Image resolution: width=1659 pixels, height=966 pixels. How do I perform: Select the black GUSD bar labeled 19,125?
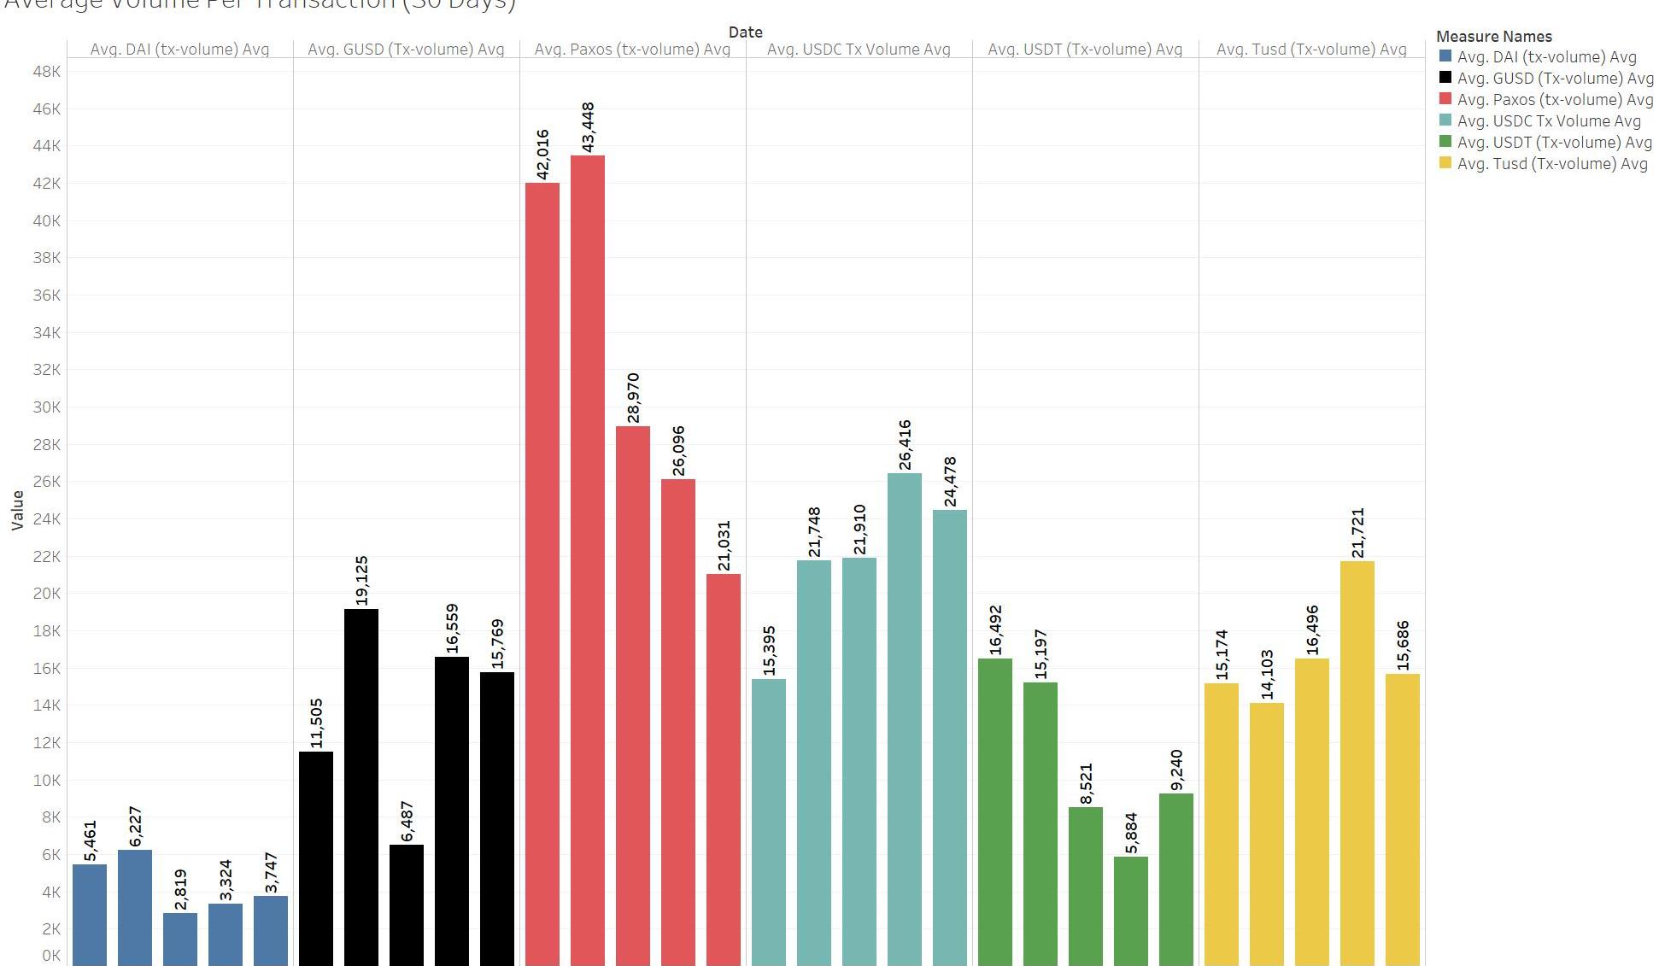[361, 786]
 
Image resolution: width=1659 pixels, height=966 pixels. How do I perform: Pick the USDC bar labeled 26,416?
[904, 717]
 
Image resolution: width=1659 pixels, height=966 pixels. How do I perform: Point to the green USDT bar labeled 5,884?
[1130, 910]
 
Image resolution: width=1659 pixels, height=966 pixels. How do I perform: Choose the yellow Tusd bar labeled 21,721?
[1357, 760]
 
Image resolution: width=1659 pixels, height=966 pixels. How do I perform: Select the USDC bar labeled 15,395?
[768, 820]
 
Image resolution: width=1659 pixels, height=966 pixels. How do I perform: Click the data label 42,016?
[542, 155]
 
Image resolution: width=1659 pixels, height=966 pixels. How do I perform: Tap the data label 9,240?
[1175, 770]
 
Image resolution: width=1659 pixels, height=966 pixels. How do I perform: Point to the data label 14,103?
[1266, 674]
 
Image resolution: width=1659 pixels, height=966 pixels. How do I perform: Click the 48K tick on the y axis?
[46, 71]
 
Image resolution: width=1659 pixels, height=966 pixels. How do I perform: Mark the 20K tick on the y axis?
[46, 594]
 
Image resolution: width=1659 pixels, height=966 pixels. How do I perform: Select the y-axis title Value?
[17, 510]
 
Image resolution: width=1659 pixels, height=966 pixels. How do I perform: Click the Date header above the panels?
[745, 32]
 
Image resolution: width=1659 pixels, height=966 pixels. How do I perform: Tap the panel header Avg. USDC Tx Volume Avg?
[859, 50]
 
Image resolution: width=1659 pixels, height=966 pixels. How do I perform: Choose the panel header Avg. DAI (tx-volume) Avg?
[179, 50]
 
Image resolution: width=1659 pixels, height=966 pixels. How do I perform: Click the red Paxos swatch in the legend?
[1445, 99]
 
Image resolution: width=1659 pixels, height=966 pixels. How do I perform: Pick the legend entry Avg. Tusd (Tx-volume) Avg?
[1551, 163]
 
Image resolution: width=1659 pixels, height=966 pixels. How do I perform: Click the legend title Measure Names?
[1493, 36]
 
